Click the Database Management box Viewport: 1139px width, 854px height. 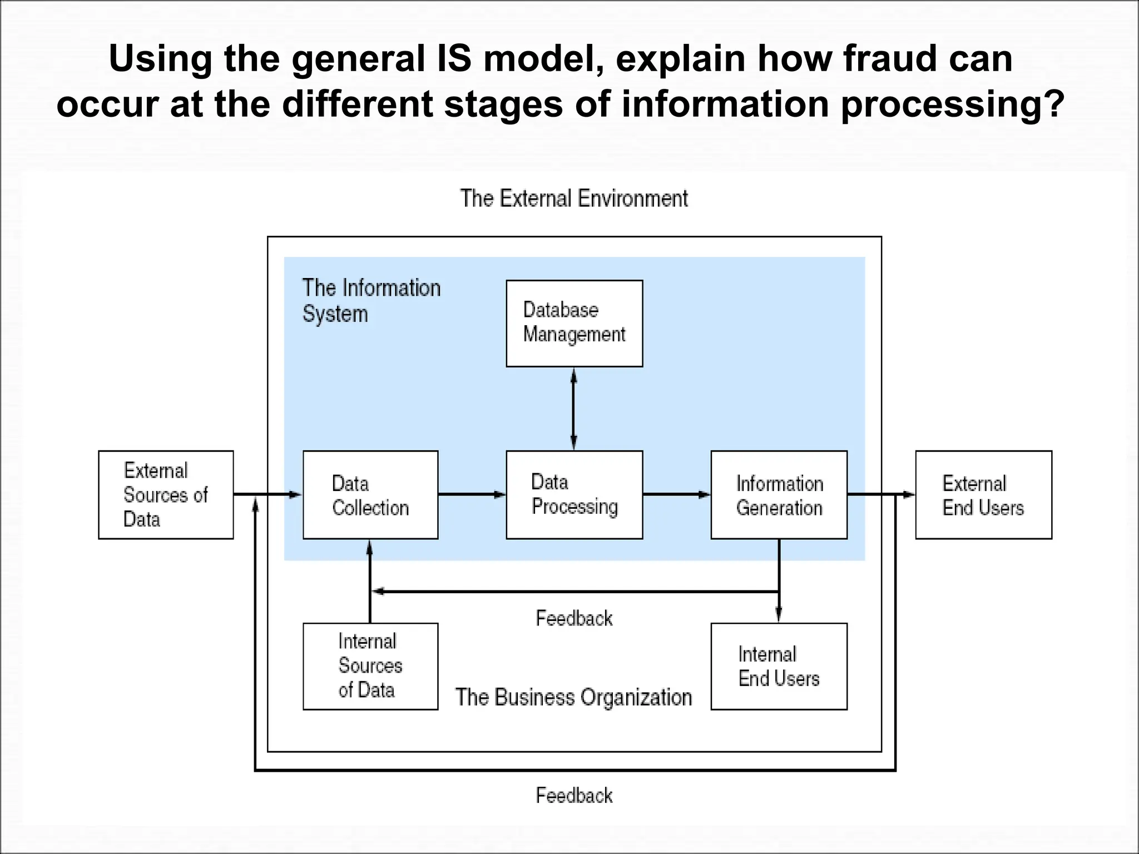click(x=574, y=323)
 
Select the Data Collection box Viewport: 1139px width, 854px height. click(x=370, y=495)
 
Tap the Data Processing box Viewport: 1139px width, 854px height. click(x=574, y=495)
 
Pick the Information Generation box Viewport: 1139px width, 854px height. click(x=779, y=495)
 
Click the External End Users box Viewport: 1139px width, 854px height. click(x=983, y=495)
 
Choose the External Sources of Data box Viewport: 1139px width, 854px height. click(x=166, y=495)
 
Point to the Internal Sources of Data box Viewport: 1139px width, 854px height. click(x=370, y=666)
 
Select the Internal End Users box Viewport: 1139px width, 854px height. click(x=779, y=666)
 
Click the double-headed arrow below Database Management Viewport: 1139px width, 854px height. click(x=574, y=409)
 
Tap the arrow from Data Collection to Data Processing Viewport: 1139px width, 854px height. click(x=472, y=494)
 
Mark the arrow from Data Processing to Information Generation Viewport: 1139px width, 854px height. click(x=676, y=494)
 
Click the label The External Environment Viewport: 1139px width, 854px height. click(x=574, y=198)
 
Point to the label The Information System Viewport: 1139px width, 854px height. click(x=371, y=301)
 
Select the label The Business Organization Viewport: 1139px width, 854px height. click(x=573, y=697)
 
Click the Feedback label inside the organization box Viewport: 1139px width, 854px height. click(x=574, y=618)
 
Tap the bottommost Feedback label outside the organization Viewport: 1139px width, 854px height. click(x=574, y=796)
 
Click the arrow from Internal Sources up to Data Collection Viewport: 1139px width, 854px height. click(x=370, y=581)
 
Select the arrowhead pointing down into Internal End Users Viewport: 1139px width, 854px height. click(x=779, y=614)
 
